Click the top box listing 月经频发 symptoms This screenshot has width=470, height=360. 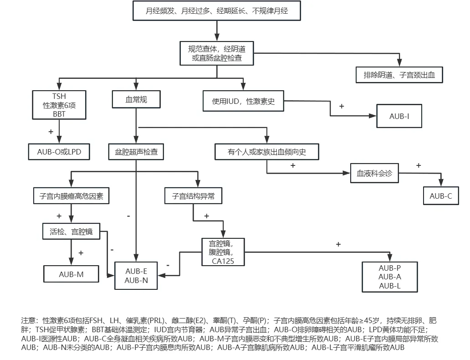[217, 11]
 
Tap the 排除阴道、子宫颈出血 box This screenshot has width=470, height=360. [399, 75]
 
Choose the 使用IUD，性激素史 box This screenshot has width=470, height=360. [243, 101]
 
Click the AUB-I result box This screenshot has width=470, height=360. [399, 116]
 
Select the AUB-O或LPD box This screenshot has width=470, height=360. [59, 152]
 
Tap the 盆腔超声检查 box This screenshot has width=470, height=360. [136, 152]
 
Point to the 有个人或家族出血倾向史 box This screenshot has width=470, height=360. [267, 152]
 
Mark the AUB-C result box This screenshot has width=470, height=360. [441, 196]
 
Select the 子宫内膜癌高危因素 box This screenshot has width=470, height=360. [72, 196]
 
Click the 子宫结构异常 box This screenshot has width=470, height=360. [193, 196]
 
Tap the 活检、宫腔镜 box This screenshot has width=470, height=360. [71, 231]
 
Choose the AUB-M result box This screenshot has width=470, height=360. [72, 274]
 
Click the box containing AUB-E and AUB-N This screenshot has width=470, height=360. [137, 276]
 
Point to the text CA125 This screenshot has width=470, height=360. [223, 261]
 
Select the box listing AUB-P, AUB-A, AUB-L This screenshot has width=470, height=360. [389, 277]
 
